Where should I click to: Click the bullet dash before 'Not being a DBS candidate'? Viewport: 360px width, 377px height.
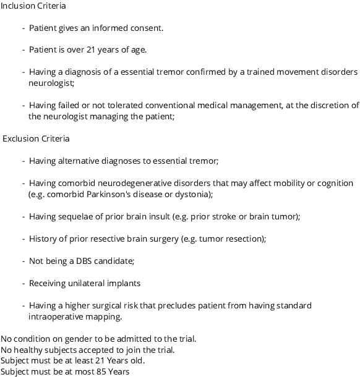point(24,261)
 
